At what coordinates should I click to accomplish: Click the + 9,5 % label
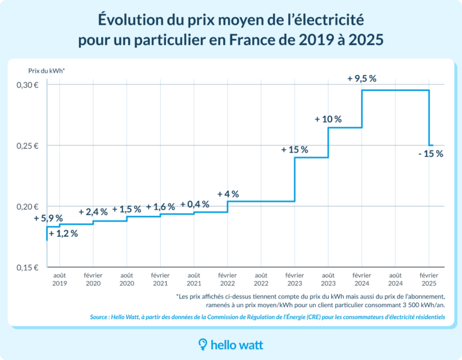(x=362, y=78)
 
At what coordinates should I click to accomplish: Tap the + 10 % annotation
(x=328, y=119)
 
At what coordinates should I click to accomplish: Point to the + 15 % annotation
(x=294, y=149)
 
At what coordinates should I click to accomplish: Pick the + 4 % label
(x=228, y=194)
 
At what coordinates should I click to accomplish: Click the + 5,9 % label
(x=48, y=218)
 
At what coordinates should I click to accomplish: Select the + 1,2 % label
(x=63, y=234)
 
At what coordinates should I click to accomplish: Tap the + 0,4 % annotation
(x=194, y=204)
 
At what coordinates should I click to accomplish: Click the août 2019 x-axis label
(x=60, y=279)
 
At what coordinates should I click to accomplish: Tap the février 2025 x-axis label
(x=428, y=279)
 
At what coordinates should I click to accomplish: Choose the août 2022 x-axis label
(x=261, y=279)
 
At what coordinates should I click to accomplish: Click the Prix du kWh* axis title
(x=47, y=70)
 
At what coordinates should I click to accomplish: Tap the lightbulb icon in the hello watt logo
(x=203, y=344)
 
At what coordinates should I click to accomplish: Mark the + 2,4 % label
(x=93, y=212)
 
